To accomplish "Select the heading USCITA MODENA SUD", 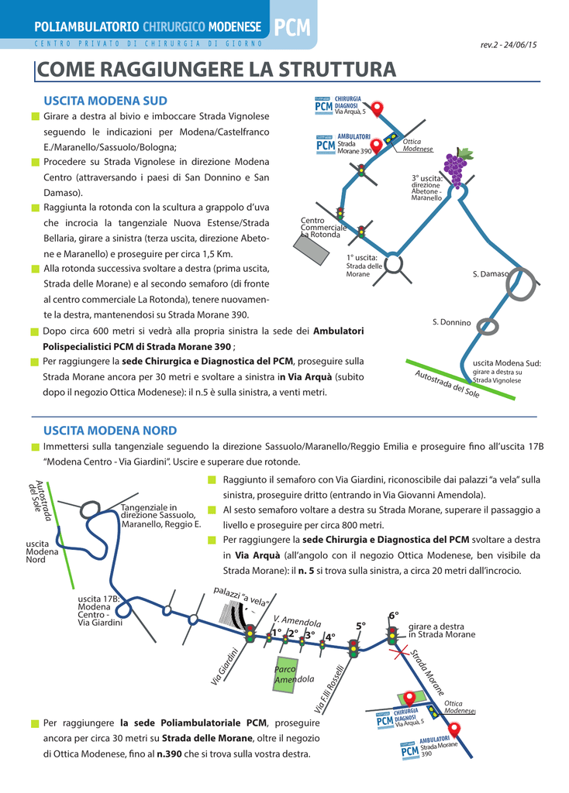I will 105,101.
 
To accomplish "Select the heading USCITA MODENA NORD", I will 110,431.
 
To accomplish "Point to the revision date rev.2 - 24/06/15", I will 509,44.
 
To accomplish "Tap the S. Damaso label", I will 491,274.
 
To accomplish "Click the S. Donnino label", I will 451,322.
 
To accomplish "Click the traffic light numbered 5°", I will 354,645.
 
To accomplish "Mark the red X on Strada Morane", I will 401,655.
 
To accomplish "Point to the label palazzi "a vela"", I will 241,596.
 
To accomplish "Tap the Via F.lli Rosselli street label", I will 329,689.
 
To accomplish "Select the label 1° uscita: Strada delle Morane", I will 361,266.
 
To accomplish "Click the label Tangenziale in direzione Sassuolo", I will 160,515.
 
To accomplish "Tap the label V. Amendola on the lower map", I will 297,621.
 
